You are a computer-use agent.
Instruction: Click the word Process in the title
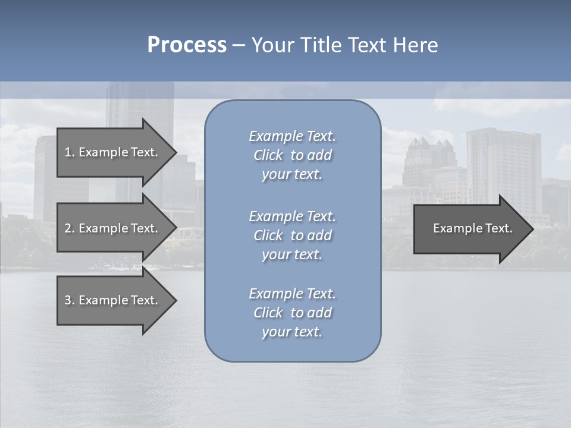[187, 45]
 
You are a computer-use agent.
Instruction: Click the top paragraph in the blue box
[292, 155]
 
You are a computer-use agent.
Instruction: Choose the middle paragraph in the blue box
[292, 235]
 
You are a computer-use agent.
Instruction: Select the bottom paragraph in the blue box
[292, 313]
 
